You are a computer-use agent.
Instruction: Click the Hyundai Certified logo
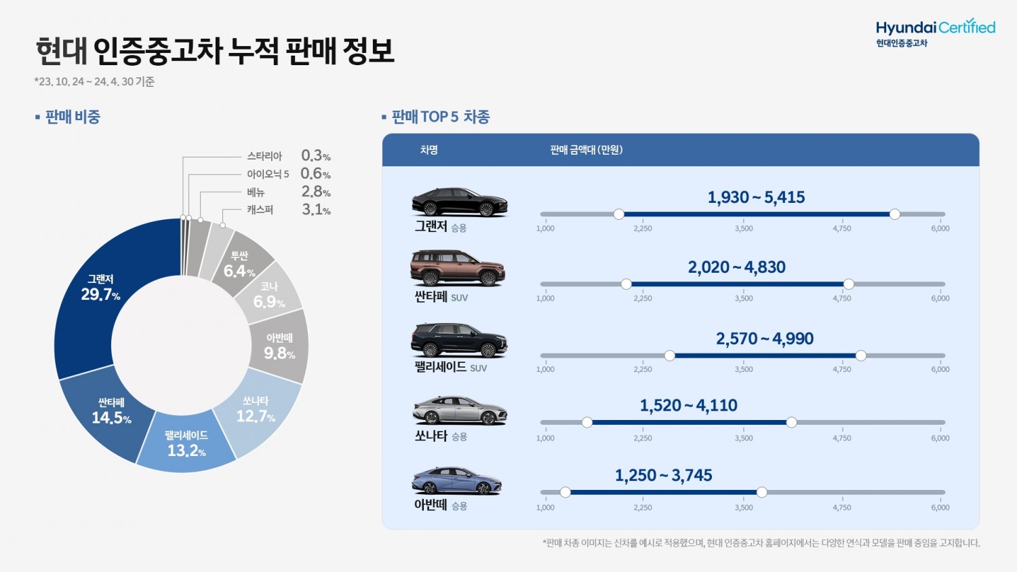[935, 32]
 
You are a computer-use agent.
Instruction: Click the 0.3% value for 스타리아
[315, 156]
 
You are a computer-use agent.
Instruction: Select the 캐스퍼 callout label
[260, 210]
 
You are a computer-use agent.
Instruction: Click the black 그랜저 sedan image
[459, 202]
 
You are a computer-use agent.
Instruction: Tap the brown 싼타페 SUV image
[458, 268]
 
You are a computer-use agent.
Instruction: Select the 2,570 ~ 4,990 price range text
[764, 339]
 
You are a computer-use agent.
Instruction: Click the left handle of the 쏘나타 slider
[587, 423]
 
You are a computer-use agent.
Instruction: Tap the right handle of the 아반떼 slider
[761, 492]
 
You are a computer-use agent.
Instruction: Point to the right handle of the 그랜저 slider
[894, 214]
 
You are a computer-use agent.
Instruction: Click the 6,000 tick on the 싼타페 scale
[940, 299]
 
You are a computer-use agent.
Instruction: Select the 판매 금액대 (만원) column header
[586, 150]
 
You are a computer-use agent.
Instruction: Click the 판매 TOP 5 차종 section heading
[440, 117]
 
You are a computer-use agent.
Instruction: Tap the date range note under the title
[94, 81]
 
